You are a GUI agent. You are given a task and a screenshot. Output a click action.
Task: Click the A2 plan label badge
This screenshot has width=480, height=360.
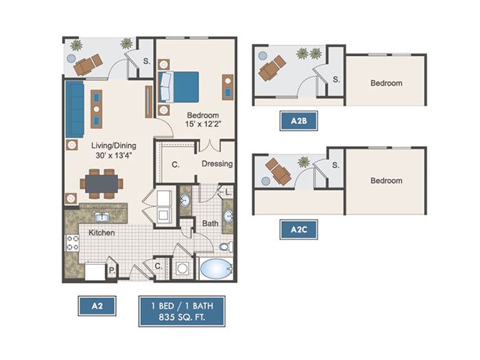click(97, 306)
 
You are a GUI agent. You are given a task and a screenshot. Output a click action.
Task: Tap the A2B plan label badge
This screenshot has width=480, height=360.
click(299, 121)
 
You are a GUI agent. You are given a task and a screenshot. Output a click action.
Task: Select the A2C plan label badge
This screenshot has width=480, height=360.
click(299, 230)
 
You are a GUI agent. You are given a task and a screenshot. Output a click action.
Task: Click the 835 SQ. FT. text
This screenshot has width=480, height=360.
click(182, 317)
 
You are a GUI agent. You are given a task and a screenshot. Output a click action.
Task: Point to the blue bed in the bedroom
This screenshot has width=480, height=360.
click(178, 87)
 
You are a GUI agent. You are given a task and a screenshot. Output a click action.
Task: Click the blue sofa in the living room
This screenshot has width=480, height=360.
click(75, 109)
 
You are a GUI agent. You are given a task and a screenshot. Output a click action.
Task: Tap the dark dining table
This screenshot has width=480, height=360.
click(101, 184)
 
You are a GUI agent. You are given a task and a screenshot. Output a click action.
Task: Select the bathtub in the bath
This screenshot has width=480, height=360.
click(216, 269)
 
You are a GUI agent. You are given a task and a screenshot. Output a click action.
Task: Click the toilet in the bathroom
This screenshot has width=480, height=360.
click(226, 246)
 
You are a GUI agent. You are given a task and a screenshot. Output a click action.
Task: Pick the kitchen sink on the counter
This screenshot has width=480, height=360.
click(101, 217)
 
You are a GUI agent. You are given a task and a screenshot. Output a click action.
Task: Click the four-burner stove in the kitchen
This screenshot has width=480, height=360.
click(73, 243)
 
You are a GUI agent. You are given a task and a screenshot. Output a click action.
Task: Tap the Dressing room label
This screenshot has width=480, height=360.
click(217, 164)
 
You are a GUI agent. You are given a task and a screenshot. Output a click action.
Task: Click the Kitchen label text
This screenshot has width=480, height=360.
click(101, 232)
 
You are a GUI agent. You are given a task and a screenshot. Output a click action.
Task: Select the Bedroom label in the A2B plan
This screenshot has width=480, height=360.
click(386, 83)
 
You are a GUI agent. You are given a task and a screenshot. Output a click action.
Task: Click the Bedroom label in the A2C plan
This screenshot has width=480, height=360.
click(386, 180)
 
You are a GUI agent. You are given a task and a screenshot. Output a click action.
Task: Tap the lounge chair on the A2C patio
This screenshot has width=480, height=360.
click(278, 171)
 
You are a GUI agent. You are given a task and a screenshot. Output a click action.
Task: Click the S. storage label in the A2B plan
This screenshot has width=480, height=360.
click(336, 80)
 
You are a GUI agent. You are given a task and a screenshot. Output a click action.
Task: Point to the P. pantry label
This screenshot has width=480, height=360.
click(112, 271)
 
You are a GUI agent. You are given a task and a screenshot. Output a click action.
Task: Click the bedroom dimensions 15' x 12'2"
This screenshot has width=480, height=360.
click(203, 124)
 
